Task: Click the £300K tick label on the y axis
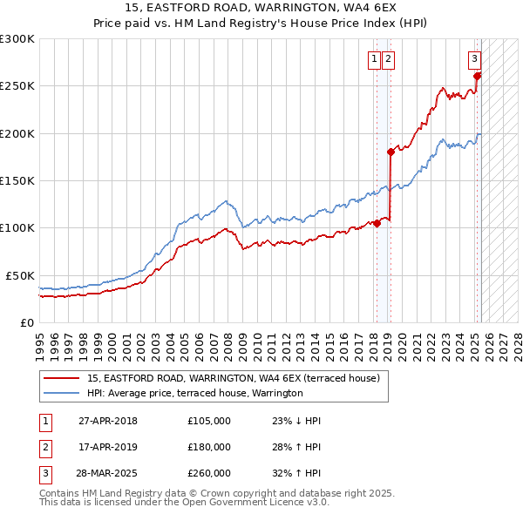click(x=17, y=39)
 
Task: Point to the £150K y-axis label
click(x=17, y=180)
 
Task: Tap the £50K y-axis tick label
click(x=20, y=275)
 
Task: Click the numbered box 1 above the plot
click(x=374, y=59)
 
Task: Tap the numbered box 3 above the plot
click(x=474, y=59)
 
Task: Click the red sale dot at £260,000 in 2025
click(x=478, y=77)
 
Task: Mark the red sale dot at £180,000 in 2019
click(x=391, y=152)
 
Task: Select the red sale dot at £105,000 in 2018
click(x=377, y=223)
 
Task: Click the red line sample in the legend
click(x=63, y=379)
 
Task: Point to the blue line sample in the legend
click(x=63, y=393)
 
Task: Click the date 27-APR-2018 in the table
click(x=108, y=422)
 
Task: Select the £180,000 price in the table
click(x=209, y=447)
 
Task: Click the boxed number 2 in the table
click(x=44, y=447)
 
